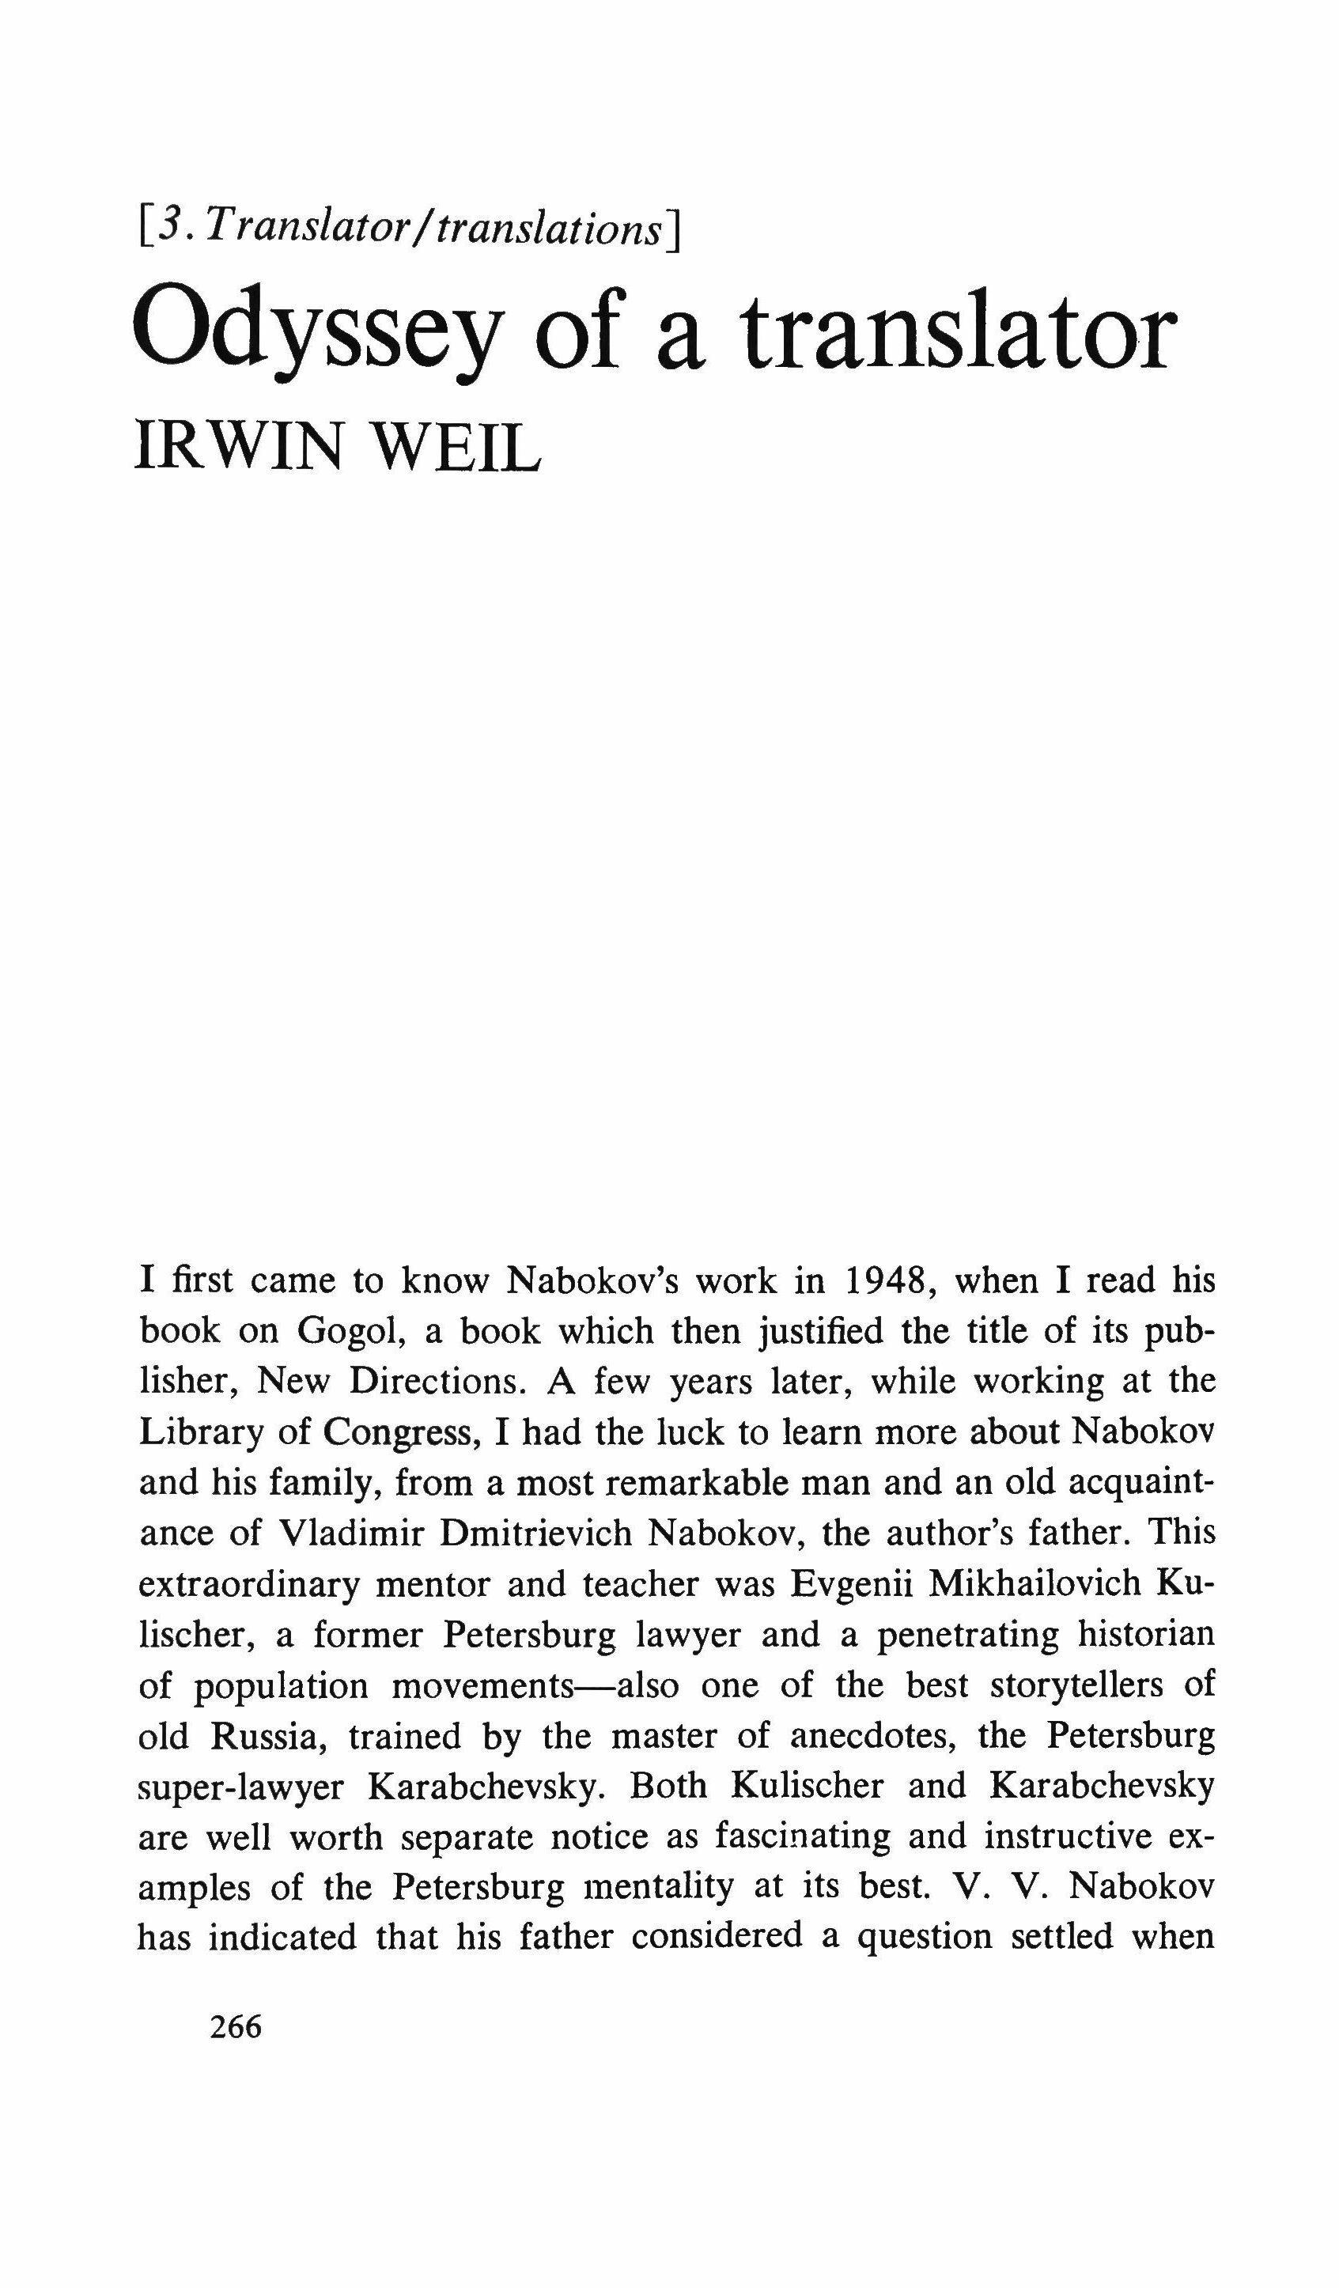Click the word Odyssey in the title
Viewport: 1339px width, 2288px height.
(315, 336)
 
